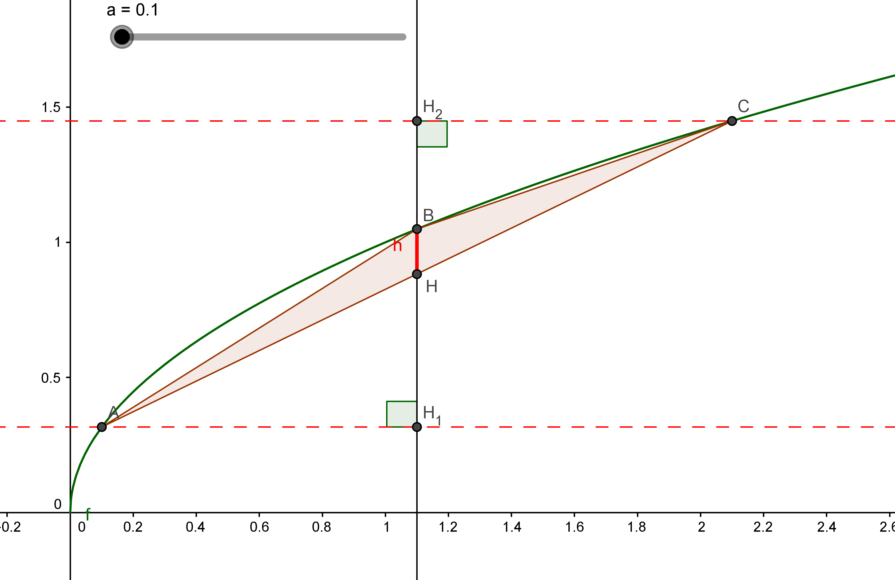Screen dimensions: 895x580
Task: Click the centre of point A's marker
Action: (101, 427)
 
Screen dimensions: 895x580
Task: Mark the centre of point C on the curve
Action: (732, 121)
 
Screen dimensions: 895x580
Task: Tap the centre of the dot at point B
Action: (417, 229)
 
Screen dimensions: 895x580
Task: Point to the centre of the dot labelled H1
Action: (417, 427)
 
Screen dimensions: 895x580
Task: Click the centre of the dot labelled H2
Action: (417, 121)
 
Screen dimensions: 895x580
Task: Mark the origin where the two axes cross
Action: (70, 512)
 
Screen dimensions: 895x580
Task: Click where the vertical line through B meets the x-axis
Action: (417, 512)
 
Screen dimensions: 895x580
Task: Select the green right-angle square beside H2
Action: (432, 134)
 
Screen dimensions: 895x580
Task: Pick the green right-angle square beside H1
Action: (402, 414)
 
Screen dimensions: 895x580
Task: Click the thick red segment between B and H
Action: (417, 252)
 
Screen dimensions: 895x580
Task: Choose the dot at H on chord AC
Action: (417, 274)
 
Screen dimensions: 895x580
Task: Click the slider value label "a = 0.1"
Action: (132, 10)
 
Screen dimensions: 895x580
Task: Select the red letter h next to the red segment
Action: (398, 245)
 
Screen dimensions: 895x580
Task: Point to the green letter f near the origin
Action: (88, 514)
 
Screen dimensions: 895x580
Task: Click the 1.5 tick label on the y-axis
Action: (51, 108)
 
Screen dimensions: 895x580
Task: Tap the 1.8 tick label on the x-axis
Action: (637, 527)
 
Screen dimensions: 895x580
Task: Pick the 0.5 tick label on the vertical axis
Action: (51, 378)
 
